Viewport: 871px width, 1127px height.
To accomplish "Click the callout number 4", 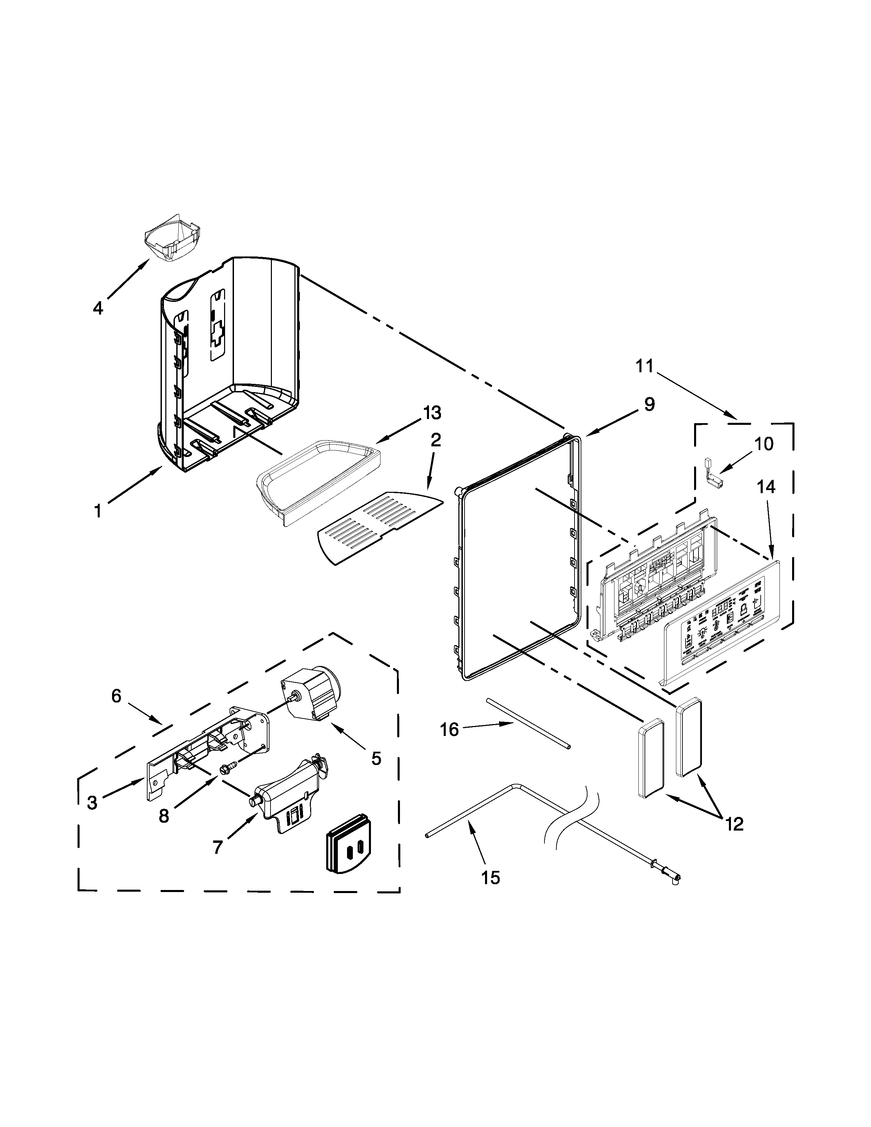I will point(98,308).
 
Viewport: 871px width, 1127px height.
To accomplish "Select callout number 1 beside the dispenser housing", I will point(98,511).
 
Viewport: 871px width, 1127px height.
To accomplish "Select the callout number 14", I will point(766,487).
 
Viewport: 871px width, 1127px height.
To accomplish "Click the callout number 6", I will point(116,696).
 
